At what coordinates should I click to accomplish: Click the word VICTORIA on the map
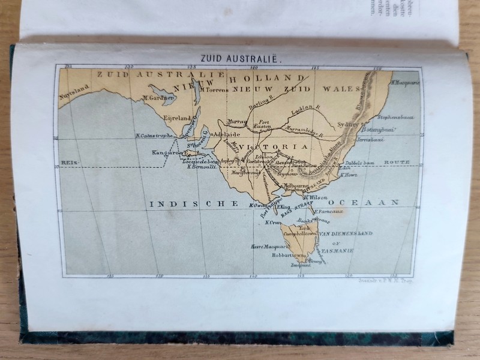(274, 146)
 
